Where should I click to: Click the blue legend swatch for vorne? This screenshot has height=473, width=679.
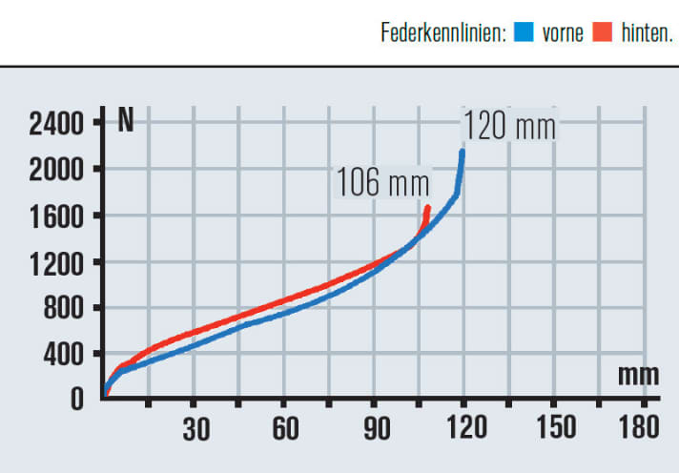tap(522, 33)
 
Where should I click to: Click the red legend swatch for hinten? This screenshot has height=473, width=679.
tap(601, 33)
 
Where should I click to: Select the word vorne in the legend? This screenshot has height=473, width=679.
tap(562, 33)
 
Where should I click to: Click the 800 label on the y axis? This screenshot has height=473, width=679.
tap(64, 308)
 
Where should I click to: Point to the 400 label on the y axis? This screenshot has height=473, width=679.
tap(64, 354)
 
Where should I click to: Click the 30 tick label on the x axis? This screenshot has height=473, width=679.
tap(195, 430)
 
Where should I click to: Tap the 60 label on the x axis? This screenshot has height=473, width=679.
tap(285, 430)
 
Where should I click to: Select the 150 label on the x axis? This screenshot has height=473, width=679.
tap(554, 430)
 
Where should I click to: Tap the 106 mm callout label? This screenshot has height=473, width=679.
tap(381, 182)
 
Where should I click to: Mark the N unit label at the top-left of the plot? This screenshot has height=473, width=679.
tap(126, 122)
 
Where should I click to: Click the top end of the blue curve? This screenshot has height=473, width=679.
tap(463, 151)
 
